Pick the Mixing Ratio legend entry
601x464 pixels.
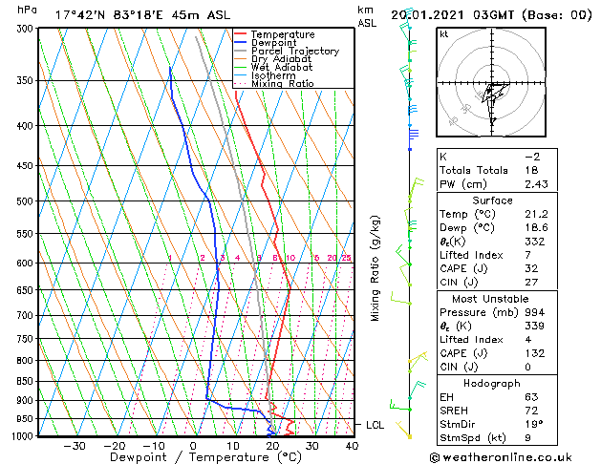[282, 84]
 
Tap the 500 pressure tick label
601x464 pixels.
[27, 201]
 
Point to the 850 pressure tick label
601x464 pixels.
[27, 381]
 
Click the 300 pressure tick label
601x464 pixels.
[27, 29]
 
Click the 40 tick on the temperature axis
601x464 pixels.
[352, 445]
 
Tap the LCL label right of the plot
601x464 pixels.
[376, 425]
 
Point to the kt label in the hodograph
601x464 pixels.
[443, 34]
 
